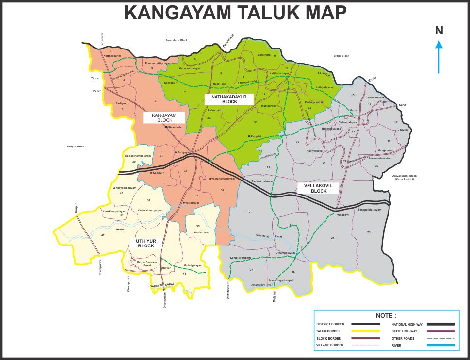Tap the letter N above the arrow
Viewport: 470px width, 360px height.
tap(439, 31)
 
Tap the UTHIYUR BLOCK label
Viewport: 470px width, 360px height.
tap(146, 244)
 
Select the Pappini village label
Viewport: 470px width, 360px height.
tap(256, 137)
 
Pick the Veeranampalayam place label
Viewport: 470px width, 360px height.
tap(223, 179)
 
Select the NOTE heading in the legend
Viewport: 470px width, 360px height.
tap(386, 316)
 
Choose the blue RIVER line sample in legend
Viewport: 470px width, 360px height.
tap(441, 345)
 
